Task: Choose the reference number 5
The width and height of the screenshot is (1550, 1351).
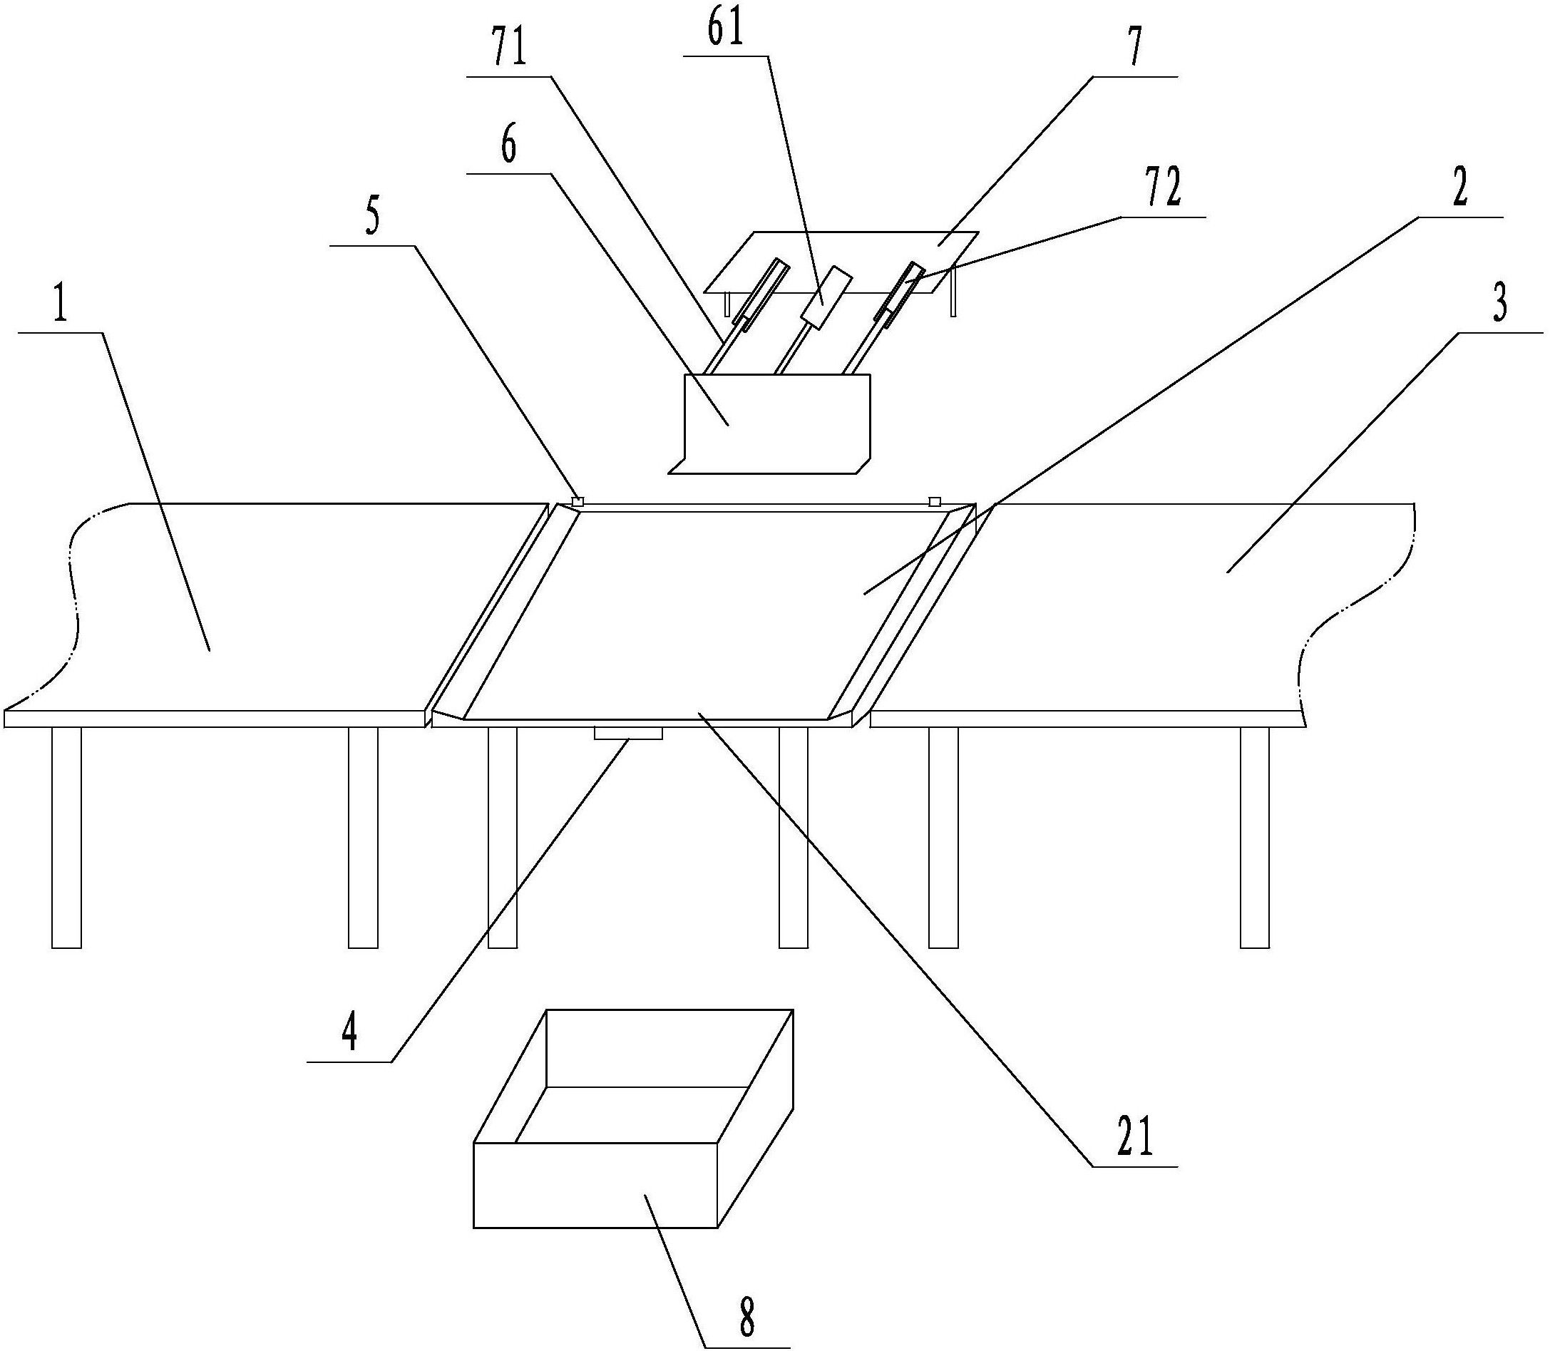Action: point(372,218)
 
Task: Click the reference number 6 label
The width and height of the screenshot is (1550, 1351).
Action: point(510,147)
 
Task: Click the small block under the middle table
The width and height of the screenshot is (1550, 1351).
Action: point(627,732)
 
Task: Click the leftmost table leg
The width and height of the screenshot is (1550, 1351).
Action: point(66,837)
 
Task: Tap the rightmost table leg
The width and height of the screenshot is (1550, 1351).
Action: point(1255,837)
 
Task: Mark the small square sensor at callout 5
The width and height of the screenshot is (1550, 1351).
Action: point(578,501)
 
